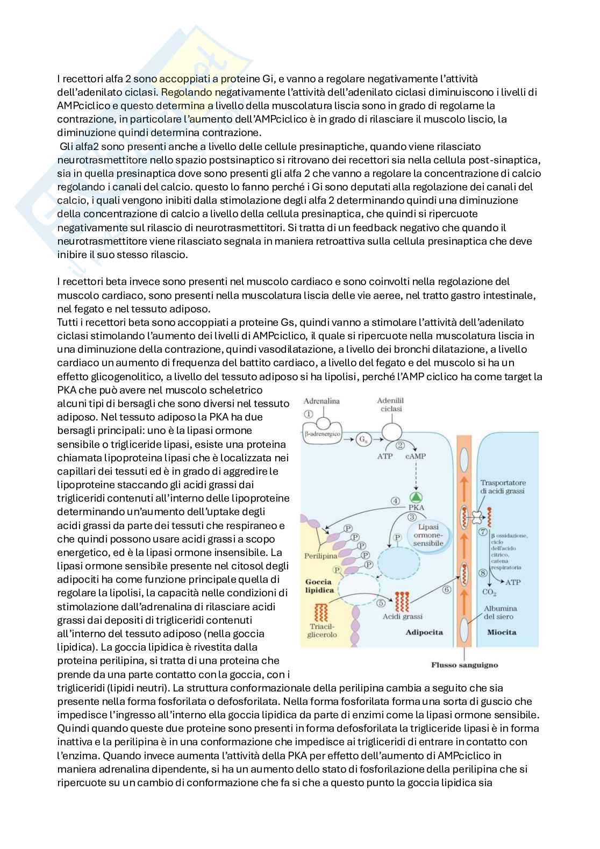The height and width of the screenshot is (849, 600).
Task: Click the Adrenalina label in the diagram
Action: (x=322, y=401)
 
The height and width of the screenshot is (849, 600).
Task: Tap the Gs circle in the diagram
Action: (x=361, y=439)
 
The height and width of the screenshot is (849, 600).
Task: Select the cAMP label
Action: (x=416, y=456)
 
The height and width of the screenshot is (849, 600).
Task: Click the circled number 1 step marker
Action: (x=308, y=414)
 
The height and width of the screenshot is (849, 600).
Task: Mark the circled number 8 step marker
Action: (x=484, y=573)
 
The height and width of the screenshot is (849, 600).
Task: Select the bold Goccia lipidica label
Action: (x=320, y=586)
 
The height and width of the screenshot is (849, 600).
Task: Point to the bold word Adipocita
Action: (x=425, y=632)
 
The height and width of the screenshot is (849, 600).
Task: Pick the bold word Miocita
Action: (x=502, y=632)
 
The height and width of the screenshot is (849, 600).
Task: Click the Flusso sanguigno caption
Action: (x=465, y=665)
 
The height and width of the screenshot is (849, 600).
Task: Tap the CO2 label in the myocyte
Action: (x=489, y=593)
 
